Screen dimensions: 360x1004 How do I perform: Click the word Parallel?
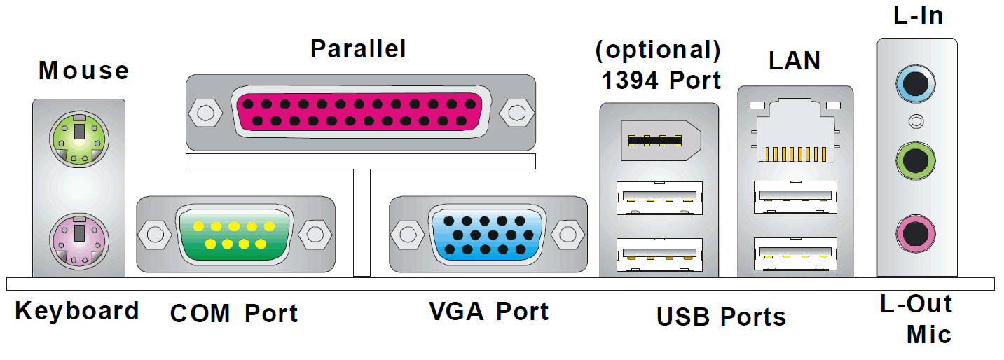(x=358, y=49)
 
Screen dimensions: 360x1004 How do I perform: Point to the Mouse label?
(x=83, y=70)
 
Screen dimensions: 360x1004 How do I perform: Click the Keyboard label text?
(x=77, y=310)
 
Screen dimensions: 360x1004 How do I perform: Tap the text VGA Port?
(x=488, y=311)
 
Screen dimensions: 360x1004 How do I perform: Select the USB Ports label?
(x=721, y=317)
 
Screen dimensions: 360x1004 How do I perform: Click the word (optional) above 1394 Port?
(x=657, y=50)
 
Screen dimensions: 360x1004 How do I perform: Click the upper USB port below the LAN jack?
(x=795, y=197)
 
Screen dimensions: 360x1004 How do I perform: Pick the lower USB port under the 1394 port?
(x=659, y=255)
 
